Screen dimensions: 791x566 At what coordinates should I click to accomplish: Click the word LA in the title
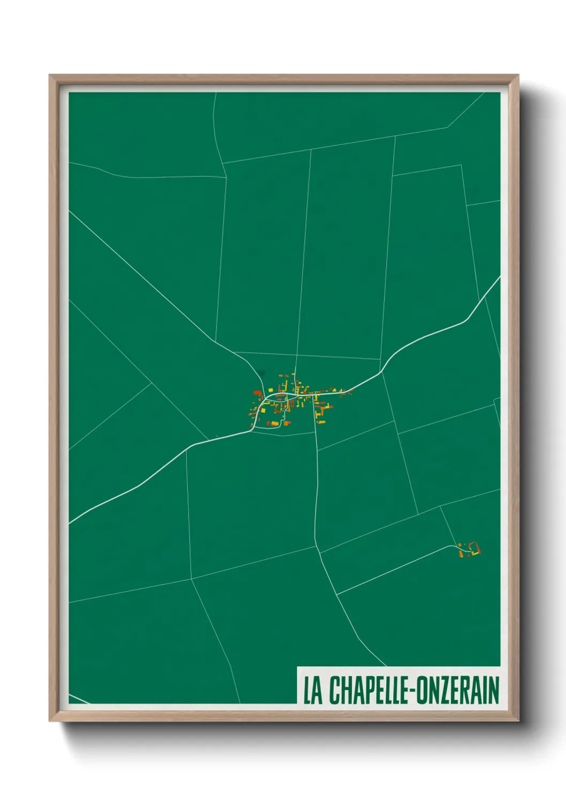point(313,690)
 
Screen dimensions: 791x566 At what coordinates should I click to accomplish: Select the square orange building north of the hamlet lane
point(460,545)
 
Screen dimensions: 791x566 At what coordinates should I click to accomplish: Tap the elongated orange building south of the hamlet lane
point(461,554)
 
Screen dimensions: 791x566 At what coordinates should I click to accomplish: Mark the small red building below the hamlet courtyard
point(469,556)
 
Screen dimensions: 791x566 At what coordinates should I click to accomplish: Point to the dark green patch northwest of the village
point(261,374)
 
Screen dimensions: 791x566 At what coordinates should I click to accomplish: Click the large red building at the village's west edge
point(257,392)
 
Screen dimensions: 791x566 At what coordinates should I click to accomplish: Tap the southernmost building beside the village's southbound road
point(321,422)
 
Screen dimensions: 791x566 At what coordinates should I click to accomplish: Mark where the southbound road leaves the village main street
point(314,396)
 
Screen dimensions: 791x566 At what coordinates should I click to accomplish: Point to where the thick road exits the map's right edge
point(500,277)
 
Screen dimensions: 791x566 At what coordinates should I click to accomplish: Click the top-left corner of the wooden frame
point(50,75)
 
